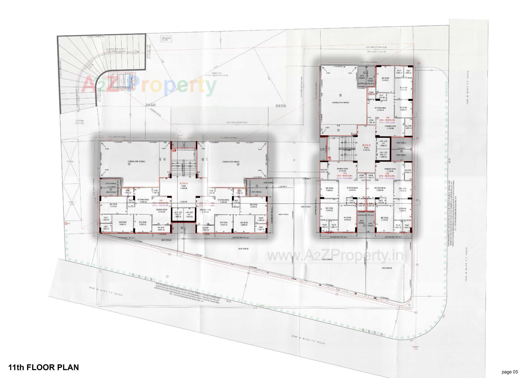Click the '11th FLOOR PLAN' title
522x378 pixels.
[43, 367]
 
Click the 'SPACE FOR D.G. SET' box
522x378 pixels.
[166, 39]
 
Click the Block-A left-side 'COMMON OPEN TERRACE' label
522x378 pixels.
[136, 161]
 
